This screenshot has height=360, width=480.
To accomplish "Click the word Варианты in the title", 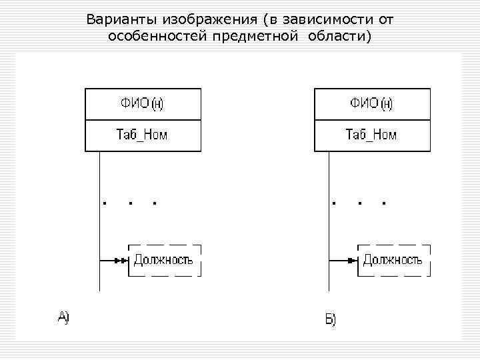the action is [x=114, y=19].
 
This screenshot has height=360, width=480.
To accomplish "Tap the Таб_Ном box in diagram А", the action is [x=143, y=135].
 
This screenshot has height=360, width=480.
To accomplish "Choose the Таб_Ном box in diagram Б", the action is [x=372, y=135].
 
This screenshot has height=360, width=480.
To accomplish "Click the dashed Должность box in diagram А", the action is [x=164, y=260].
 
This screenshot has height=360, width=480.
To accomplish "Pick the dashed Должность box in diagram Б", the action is [x=393, y=260].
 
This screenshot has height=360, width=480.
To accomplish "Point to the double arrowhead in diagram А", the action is [x=121, y=260].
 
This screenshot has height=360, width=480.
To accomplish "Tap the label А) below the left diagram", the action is [x=63, y=317].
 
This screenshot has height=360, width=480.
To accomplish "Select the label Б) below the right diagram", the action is [x=331, y=320].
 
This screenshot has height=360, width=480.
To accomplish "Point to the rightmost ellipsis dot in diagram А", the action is [x=155, y=203].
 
